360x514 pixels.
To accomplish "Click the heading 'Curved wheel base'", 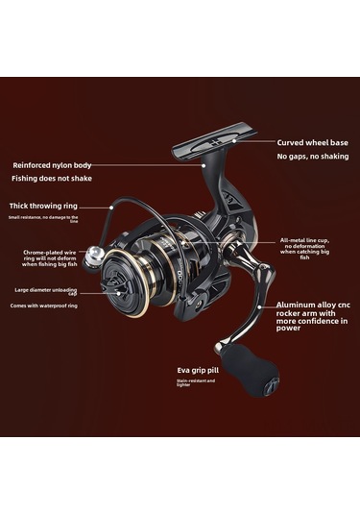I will [x=313, y=142].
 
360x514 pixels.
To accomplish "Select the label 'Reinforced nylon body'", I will [x=54, y=164].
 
